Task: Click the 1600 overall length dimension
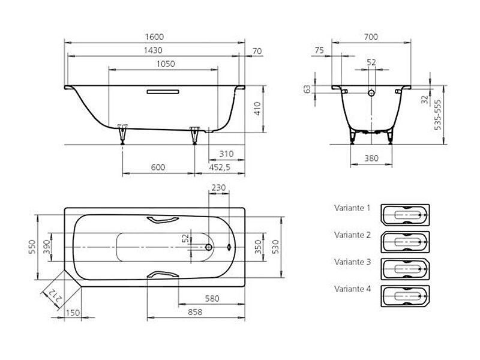154,37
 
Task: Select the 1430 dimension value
153,50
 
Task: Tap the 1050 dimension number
166,64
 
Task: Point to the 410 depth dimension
257,109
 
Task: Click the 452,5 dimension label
220,167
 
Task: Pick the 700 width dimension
371,37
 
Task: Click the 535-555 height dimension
438,114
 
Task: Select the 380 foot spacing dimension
371,158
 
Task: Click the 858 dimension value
195,312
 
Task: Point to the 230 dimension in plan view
218,187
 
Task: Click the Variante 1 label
352,208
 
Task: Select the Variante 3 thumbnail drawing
405,269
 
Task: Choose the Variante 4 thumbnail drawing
405,296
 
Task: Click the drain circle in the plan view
209,247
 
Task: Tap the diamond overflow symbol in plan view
229,247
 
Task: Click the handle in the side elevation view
163,92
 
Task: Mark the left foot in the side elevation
122,134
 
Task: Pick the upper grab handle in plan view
163,220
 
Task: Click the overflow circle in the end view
371,93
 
